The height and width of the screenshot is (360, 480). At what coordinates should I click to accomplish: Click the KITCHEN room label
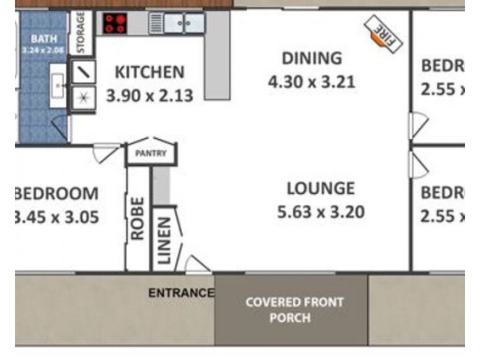149,73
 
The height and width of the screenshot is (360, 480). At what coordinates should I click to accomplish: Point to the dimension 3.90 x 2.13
149,94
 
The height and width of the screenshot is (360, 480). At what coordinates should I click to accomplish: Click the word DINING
311,59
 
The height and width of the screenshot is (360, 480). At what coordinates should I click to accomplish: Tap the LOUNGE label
320,188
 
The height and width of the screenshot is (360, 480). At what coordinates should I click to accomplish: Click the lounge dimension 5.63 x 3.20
320,212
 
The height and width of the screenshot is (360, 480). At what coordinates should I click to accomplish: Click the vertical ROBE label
137,218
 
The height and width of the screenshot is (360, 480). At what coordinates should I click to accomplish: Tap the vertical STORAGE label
81,32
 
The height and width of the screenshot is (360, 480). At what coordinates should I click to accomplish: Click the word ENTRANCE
181,293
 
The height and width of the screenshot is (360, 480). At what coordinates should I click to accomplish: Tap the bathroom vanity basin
58,86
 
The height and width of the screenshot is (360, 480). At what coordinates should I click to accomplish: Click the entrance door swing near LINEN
196,264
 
